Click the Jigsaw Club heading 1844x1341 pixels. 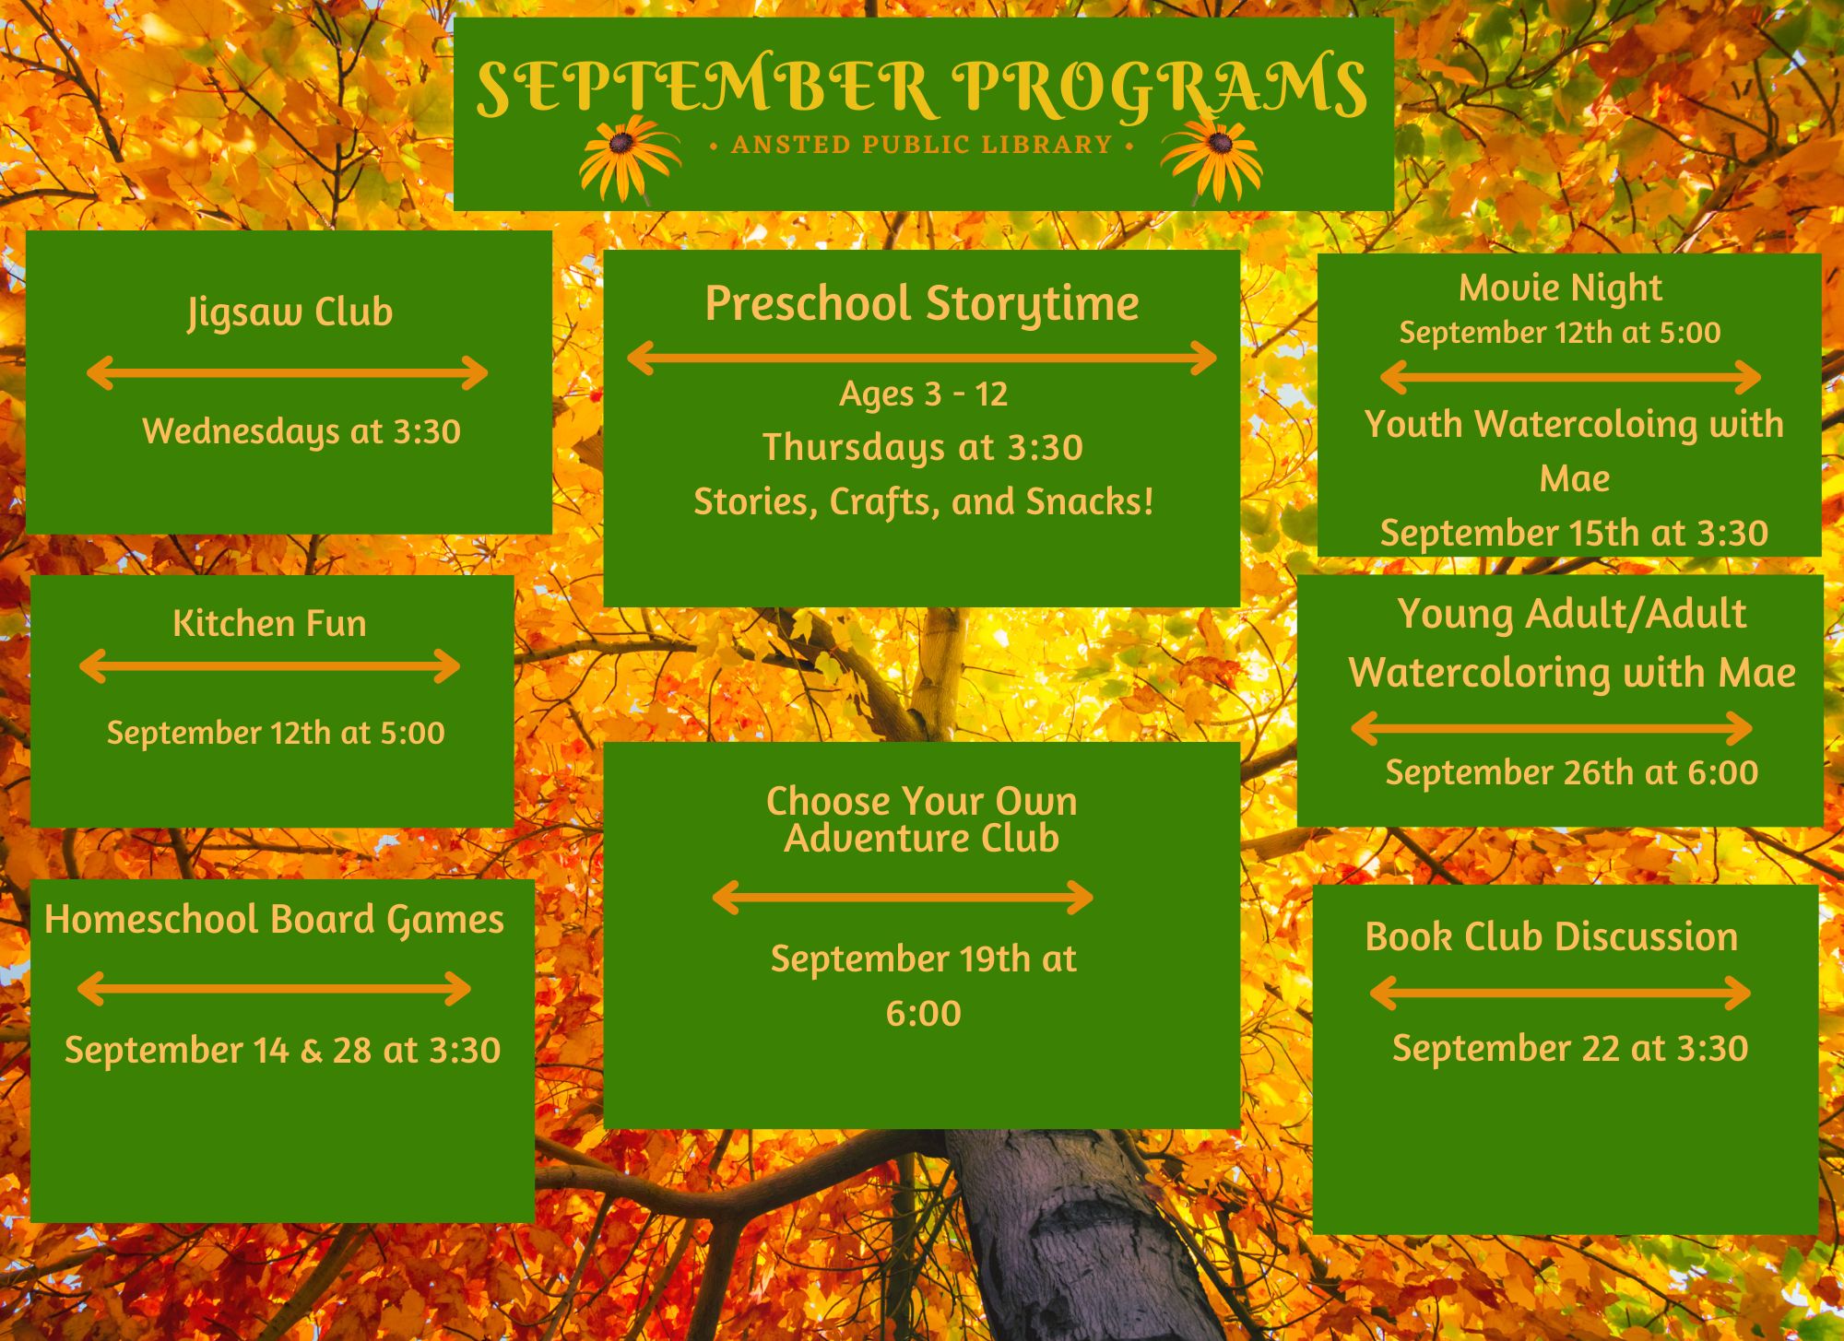pos(290,312)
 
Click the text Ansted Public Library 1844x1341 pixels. pos(922,145)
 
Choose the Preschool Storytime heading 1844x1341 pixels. pos(922,304)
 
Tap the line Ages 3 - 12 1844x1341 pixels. pos(923,394)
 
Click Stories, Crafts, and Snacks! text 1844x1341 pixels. pos(924,502)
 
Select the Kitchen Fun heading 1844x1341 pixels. pos(269,624)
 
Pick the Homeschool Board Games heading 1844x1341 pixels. pos(275,920)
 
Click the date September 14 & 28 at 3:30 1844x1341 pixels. pos(282,1050)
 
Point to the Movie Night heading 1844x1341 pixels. pos(1560,288)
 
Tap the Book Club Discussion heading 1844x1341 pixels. pos(1552,936)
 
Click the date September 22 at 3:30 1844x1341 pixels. pos(1570,1048)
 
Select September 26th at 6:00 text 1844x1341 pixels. pos(1572,772)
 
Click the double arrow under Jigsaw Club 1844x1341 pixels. pos(287,373)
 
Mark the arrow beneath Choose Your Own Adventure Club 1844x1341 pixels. pos(904,897)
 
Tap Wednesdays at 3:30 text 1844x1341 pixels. pos(301,431)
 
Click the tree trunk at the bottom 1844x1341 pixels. pos(1079,1235)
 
